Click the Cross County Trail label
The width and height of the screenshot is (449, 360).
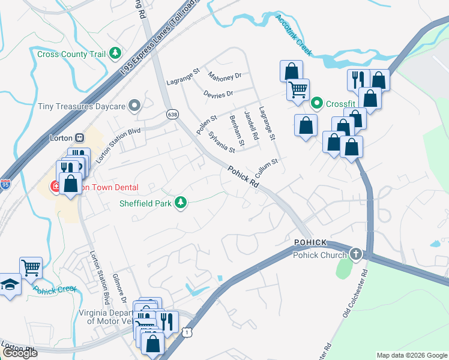coord(71,54)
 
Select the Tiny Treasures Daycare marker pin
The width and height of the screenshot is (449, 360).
coord(134,106)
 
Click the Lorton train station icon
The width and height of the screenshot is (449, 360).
coord(79,137)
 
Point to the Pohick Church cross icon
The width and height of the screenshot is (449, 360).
coord(356,254)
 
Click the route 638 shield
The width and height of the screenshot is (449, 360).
coord(173,113)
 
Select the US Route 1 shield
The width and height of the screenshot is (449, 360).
coord(188,332)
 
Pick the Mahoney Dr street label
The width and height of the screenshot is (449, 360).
coord(224,77)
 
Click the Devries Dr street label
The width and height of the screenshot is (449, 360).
coord(218,94)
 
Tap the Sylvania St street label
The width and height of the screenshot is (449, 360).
coord(221,142)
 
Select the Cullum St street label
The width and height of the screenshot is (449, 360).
coord(267,166)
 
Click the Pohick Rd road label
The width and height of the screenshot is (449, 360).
coord(244,178)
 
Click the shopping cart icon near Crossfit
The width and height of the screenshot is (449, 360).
coord(298,90)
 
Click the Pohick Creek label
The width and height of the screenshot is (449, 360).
coord(55,289)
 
